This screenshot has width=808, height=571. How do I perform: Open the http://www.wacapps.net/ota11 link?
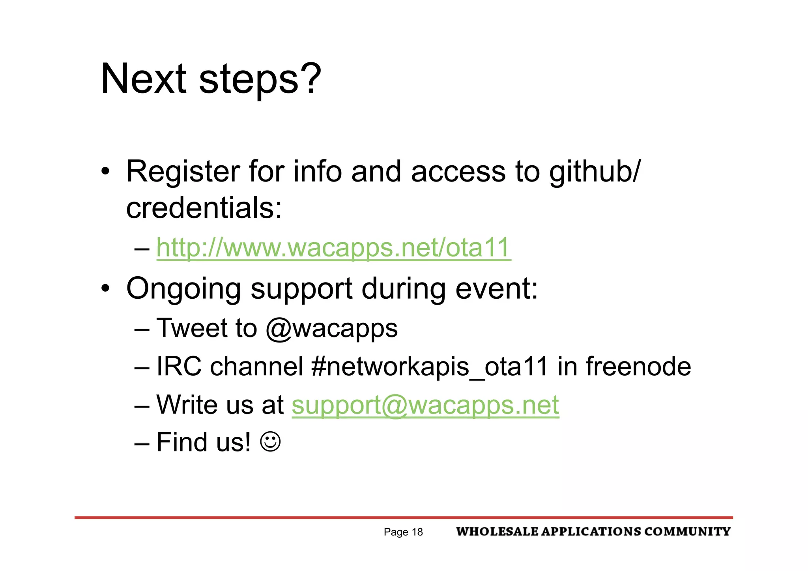(333, 248)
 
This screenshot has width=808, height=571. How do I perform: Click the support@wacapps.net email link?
(425, 405)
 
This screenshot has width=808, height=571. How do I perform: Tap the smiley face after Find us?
(271, 442)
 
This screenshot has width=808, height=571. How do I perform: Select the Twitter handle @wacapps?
(331, 328)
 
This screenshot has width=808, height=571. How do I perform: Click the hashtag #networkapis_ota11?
(430, 367)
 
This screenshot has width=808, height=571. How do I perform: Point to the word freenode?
(638, 367)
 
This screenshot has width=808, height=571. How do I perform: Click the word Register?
(183, 172)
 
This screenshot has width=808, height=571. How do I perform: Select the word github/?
(595, 172)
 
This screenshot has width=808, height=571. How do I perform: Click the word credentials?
(204, 208)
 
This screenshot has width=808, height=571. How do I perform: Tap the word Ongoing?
(183, 289)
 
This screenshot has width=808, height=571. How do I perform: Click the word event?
(497, 289)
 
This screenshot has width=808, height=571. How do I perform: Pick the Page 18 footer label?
(403, 532)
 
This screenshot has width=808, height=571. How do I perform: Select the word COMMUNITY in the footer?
(687, 532)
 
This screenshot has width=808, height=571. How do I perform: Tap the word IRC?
(179, 367)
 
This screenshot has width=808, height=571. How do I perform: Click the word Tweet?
(192, 328)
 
